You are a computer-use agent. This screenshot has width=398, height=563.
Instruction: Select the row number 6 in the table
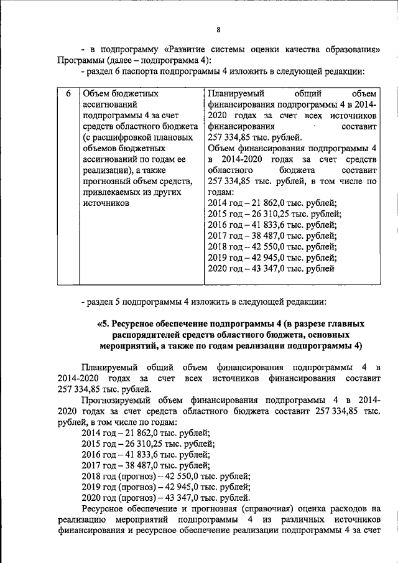coord(68,93)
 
